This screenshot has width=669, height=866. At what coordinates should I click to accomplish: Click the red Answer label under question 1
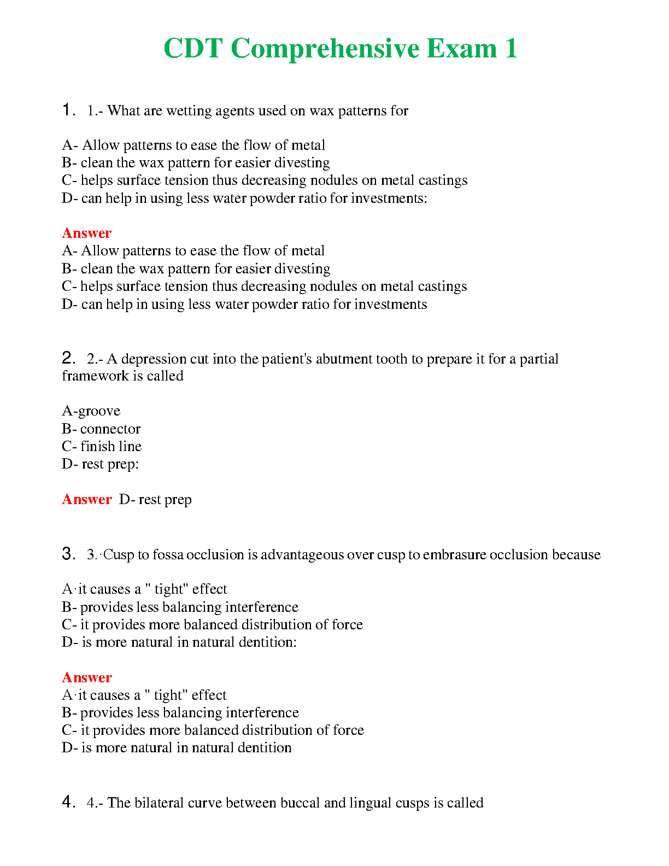[x=86, y=233]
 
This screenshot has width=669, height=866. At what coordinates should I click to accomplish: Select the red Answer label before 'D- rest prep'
[x=86, y=499]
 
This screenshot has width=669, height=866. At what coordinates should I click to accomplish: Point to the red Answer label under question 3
[x=86, y=677]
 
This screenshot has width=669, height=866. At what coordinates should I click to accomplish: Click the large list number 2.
[x=68, y=359]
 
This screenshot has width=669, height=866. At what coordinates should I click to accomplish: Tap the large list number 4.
[x=68, y=803]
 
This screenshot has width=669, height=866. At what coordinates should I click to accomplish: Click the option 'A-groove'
[x=91, y=411]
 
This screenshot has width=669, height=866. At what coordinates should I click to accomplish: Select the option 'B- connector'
[x=101, y=429]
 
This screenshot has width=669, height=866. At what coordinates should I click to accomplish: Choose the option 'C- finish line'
[x=102, y=446]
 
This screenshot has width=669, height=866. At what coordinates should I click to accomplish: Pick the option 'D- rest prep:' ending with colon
[x=100, y=464]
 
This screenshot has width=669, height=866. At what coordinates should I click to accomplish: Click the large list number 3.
[x=68, y=554]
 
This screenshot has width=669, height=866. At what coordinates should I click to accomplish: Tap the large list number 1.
[x=68, y=110]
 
